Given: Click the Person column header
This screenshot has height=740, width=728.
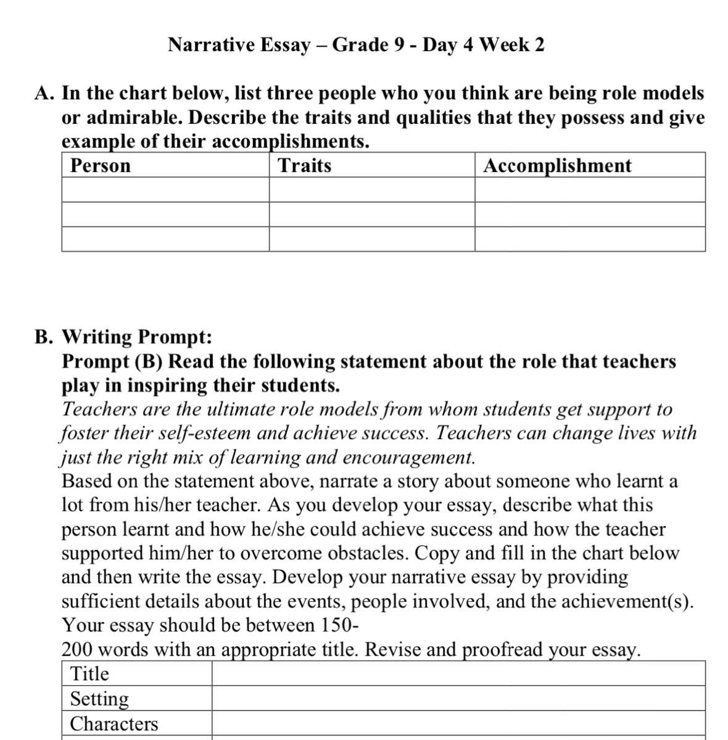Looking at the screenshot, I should tap(101, 166).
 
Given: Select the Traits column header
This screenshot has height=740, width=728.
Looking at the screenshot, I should tap(305, 166).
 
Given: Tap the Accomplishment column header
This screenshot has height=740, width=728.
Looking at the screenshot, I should tap(558, 166).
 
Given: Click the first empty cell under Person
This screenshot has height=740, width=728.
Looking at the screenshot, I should tap(165, 190).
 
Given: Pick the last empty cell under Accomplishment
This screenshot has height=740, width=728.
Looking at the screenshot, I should tap(590, 239).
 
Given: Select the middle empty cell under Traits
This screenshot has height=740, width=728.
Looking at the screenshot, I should tap(372, 215).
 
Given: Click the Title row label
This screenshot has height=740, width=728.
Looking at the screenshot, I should tap(89, 674).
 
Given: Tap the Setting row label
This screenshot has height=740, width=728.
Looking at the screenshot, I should tap(99, 699).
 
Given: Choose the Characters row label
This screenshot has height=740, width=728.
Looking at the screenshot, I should tap(114, 724).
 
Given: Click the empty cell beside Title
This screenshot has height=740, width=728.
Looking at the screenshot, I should tap(458, 674).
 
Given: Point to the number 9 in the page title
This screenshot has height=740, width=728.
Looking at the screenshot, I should tap(399, 45).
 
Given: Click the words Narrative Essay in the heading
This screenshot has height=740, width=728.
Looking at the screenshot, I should tap(239, 45).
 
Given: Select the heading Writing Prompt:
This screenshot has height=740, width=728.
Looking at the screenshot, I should tap(137, 337).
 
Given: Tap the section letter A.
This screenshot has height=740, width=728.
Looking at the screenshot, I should tap(43, 94).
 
